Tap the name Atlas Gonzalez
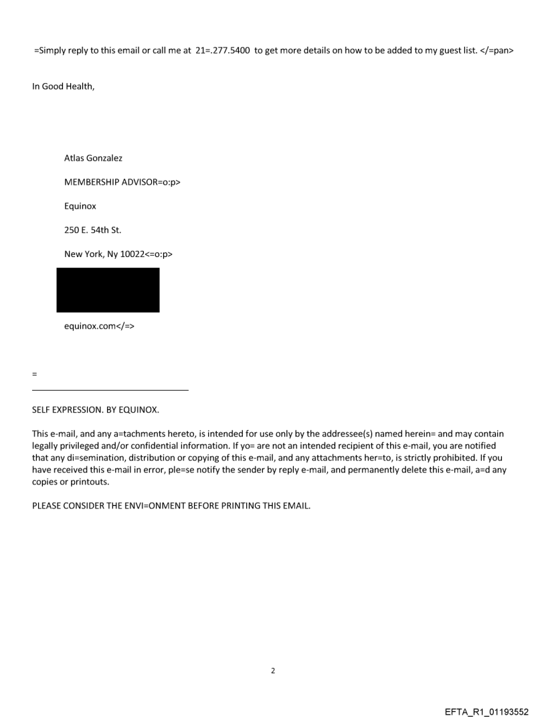[93, 159]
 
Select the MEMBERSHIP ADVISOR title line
[122, 183]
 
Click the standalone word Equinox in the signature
[80, 207]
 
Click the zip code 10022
[131, 255]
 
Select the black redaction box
[108, 290]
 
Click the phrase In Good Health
[63, 86]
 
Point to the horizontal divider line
[110, 390]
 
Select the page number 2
[273, 670]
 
